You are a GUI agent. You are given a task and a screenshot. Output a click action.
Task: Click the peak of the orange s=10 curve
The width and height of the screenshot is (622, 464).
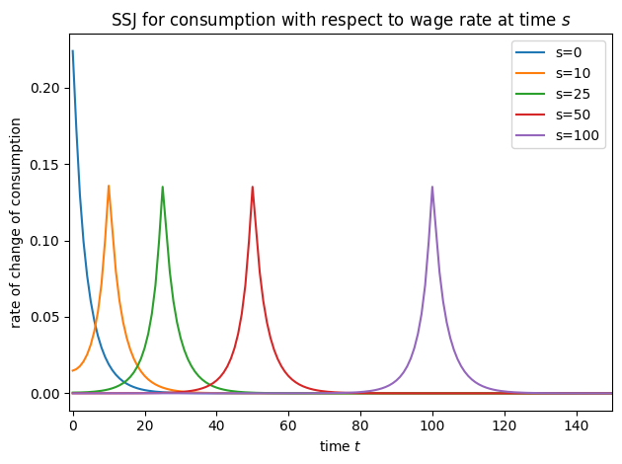[109, 186]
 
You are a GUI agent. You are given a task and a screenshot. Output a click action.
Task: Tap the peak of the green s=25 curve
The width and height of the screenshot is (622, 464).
[163, 187]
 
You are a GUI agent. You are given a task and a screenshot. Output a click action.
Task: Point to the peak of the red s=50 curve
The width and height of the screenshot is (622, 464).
[253, 187]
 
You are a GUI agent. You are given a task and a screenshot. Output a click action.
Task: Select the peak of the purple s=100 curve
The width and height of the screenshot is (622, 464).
[432, 187]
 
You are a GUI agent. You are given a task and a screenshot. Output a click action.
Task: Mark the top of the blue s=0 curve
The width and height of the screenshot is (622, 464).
[73, 50]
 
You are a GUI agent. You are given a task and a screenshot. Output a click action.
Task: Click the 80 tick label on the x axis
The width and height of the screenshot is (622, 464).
[360, 425]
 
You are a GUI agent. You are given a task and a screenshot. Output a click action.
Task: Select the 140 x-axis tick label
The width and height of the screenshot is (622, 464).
[576, 425]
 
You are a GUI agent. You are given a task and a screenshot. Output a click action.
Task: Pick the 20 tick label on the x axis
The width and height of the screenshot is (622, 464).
[144, 425]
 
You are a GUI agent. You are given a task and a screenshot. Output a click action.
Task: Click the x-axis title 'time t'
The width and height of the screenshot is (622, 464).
[342, 446]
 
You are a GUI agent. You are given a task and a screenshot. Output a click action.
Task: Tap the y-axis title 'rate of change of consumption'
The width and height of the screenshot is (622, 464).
[17, 223]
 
